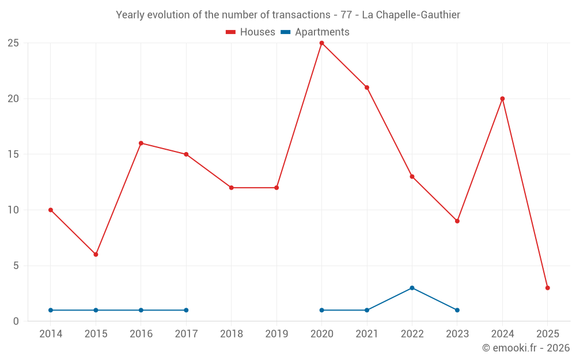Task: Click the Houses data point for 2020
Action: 321,43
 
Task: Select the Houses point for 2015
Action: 96,255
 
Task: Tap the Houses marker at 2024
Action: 502,98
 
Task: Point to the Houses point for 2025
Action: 547,288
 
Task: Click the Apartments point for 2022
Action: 412,288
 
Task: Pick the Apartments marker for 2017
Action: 186,310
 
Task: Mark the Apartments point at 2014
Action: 51,310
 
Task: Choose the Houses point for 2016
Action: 141,143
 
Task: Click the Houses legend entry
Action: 251,32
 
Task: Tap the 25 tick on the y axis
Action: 13,43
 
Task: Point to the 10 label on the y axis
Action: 13,210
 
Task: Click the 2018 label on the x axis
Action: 231,334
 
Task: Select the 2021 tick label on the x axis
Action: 367,334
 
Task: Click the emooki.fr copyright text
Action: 526,348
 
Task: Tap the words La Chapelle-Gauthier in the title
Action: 411,15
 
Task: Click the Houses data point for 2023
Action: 457,221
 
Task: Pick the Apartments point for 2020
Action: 321,310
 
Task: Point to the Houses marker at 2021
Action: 367,88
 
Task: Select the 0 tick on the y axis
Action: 16,321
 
